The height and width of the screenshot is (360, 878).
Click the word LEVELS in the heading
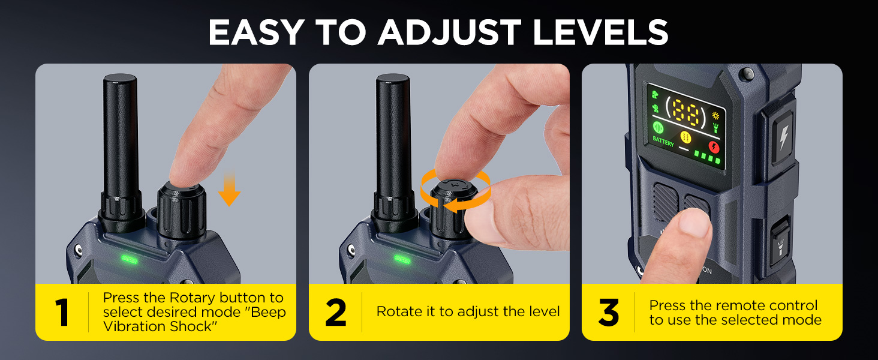600,32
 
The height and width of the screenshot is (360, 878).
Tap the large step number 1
62,313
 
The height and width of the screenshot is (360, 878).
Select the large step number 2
336,313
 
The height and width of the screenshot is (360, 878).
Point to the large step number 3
609,313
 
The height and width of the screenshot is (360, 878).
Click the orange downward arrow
229,188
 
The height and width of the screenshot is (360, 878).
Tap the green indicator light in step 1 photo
129,259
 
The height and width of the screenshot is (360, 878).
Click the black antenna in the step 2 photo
393,153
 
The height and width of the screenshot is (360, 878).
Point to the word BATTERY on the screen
663,141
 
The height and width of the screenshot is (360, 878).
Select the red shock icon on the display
714,147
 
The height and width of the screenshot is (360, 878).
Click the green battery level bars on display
707,157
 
